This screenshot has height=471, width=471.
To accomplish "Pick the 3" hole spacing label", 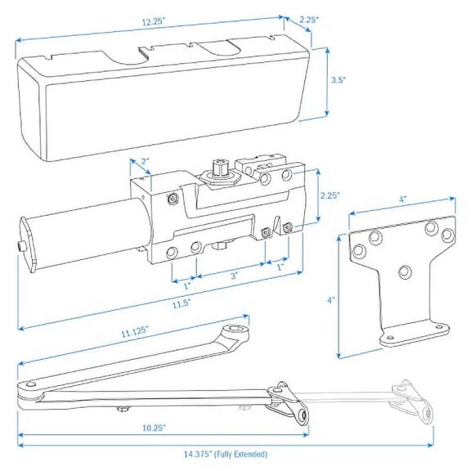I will coord(232,276).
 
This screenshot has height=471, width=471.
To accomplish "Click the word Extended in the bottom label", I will coord(244,454).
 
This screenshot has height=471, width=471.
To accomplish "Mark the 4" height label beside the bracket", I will coord(330,299).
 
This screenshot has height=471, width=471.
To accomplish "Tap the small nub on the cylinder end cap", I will coord(19,247).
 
